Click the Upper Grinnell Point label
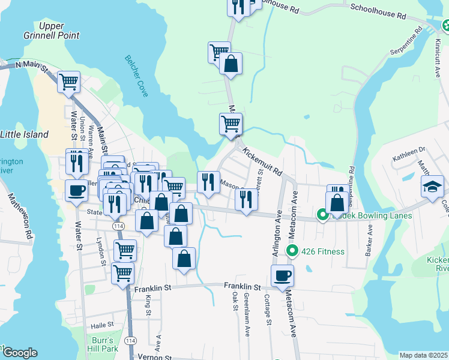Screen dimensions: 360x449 [58, 31]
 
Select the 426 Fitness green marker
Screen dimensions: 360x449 [292, 251]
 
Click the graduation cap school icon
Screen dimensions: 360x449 [432, 186]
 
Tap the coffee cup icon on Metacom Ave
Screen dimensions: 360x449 [282, 275]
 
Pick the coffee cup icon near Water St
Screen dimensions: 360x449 [76, 191]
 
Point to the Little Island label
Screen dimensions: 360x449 [24, 134]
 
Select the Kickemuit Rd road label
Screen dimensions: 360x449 [263, 161]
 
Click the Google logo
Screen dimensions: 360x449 [19, 353]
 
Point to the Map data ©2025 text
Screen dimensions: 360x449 [423, 355]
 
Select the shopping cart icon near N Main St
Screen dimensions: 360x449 [69, 81]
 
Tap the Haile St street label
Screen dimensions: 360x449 [103, 325]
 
